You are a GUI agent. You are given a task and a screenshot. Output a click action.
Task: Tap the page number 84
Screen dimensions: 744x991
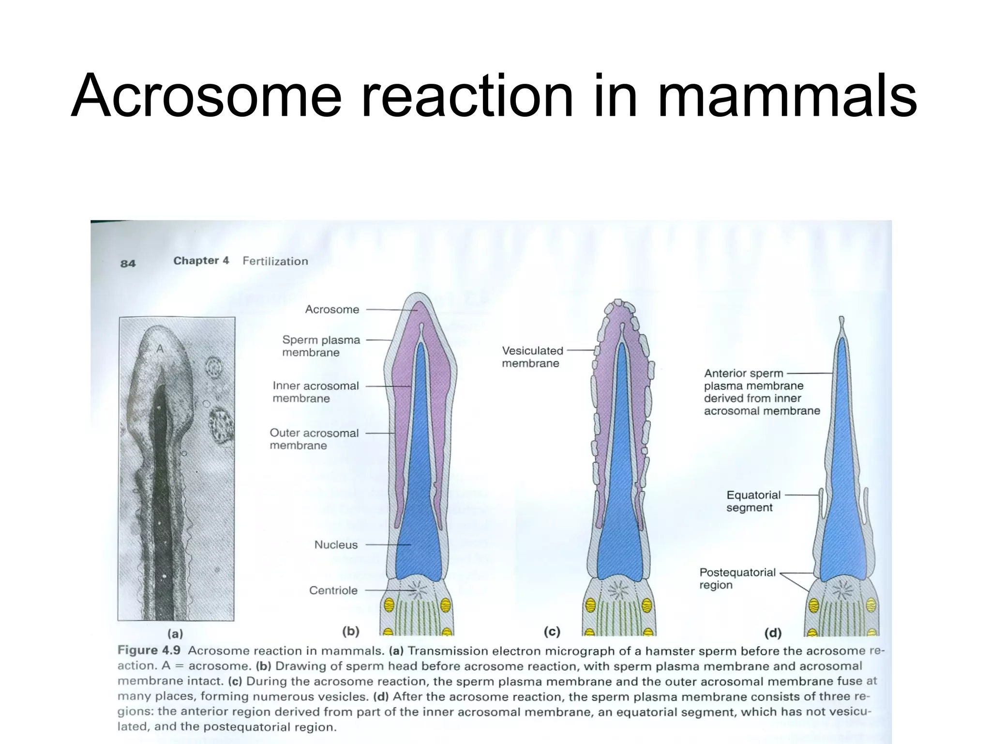pos(128,263)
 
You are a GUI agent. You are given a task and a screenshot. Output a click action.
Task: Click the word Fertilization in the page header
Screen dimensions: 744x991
pos(275,262)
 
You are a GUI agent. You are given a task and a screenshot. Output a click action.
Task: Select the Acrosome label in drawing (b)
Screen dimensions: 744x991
pos(332,310)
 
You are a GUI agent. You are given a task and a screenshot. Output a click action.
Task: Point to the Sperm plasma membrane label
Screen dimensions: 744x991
pos(321,346)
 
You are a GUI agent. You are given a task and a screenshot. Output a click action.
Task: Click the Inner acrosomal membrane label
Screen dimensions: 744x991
pos(315,392)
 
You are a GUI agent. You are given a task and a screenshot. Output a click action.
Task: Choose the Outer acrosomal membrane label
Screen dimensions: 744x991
pos(314,439)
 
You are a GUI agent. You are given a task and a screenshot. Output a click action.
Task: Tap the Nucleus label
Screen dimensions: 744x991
pos(336,545)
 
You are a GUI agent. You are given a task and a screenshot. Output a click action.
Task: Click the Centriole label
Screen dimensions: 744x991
pos(333,590)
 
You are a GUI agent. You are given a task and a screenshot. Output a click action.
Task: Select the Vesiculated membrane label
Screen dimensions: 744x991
pos(532,357)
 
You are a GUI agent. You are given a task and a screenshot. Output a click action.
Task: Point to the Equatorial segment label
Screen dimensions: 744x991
pos(753,501)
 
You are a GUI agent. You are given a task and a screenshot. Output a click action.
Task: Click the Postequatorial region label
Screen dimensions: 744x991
pos(737,579)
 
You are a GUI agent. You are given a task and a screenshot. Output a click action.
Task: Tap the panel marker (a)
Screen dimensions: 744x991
pos(175,634)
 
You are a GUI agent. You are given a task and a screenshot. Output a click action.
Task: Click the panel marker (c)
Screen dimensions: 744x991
pos(552,632)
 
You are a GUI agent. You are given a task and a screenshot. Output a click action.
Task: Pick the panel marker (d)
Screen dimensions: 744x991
pos(773,633)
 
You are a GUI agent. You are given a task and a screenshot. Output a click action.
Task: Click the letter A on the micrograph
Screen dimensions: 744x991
pos(160,349)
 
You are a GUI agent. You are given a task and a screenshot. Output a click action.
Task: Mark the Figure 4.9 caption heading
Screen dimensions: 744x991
pos(149,651)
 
